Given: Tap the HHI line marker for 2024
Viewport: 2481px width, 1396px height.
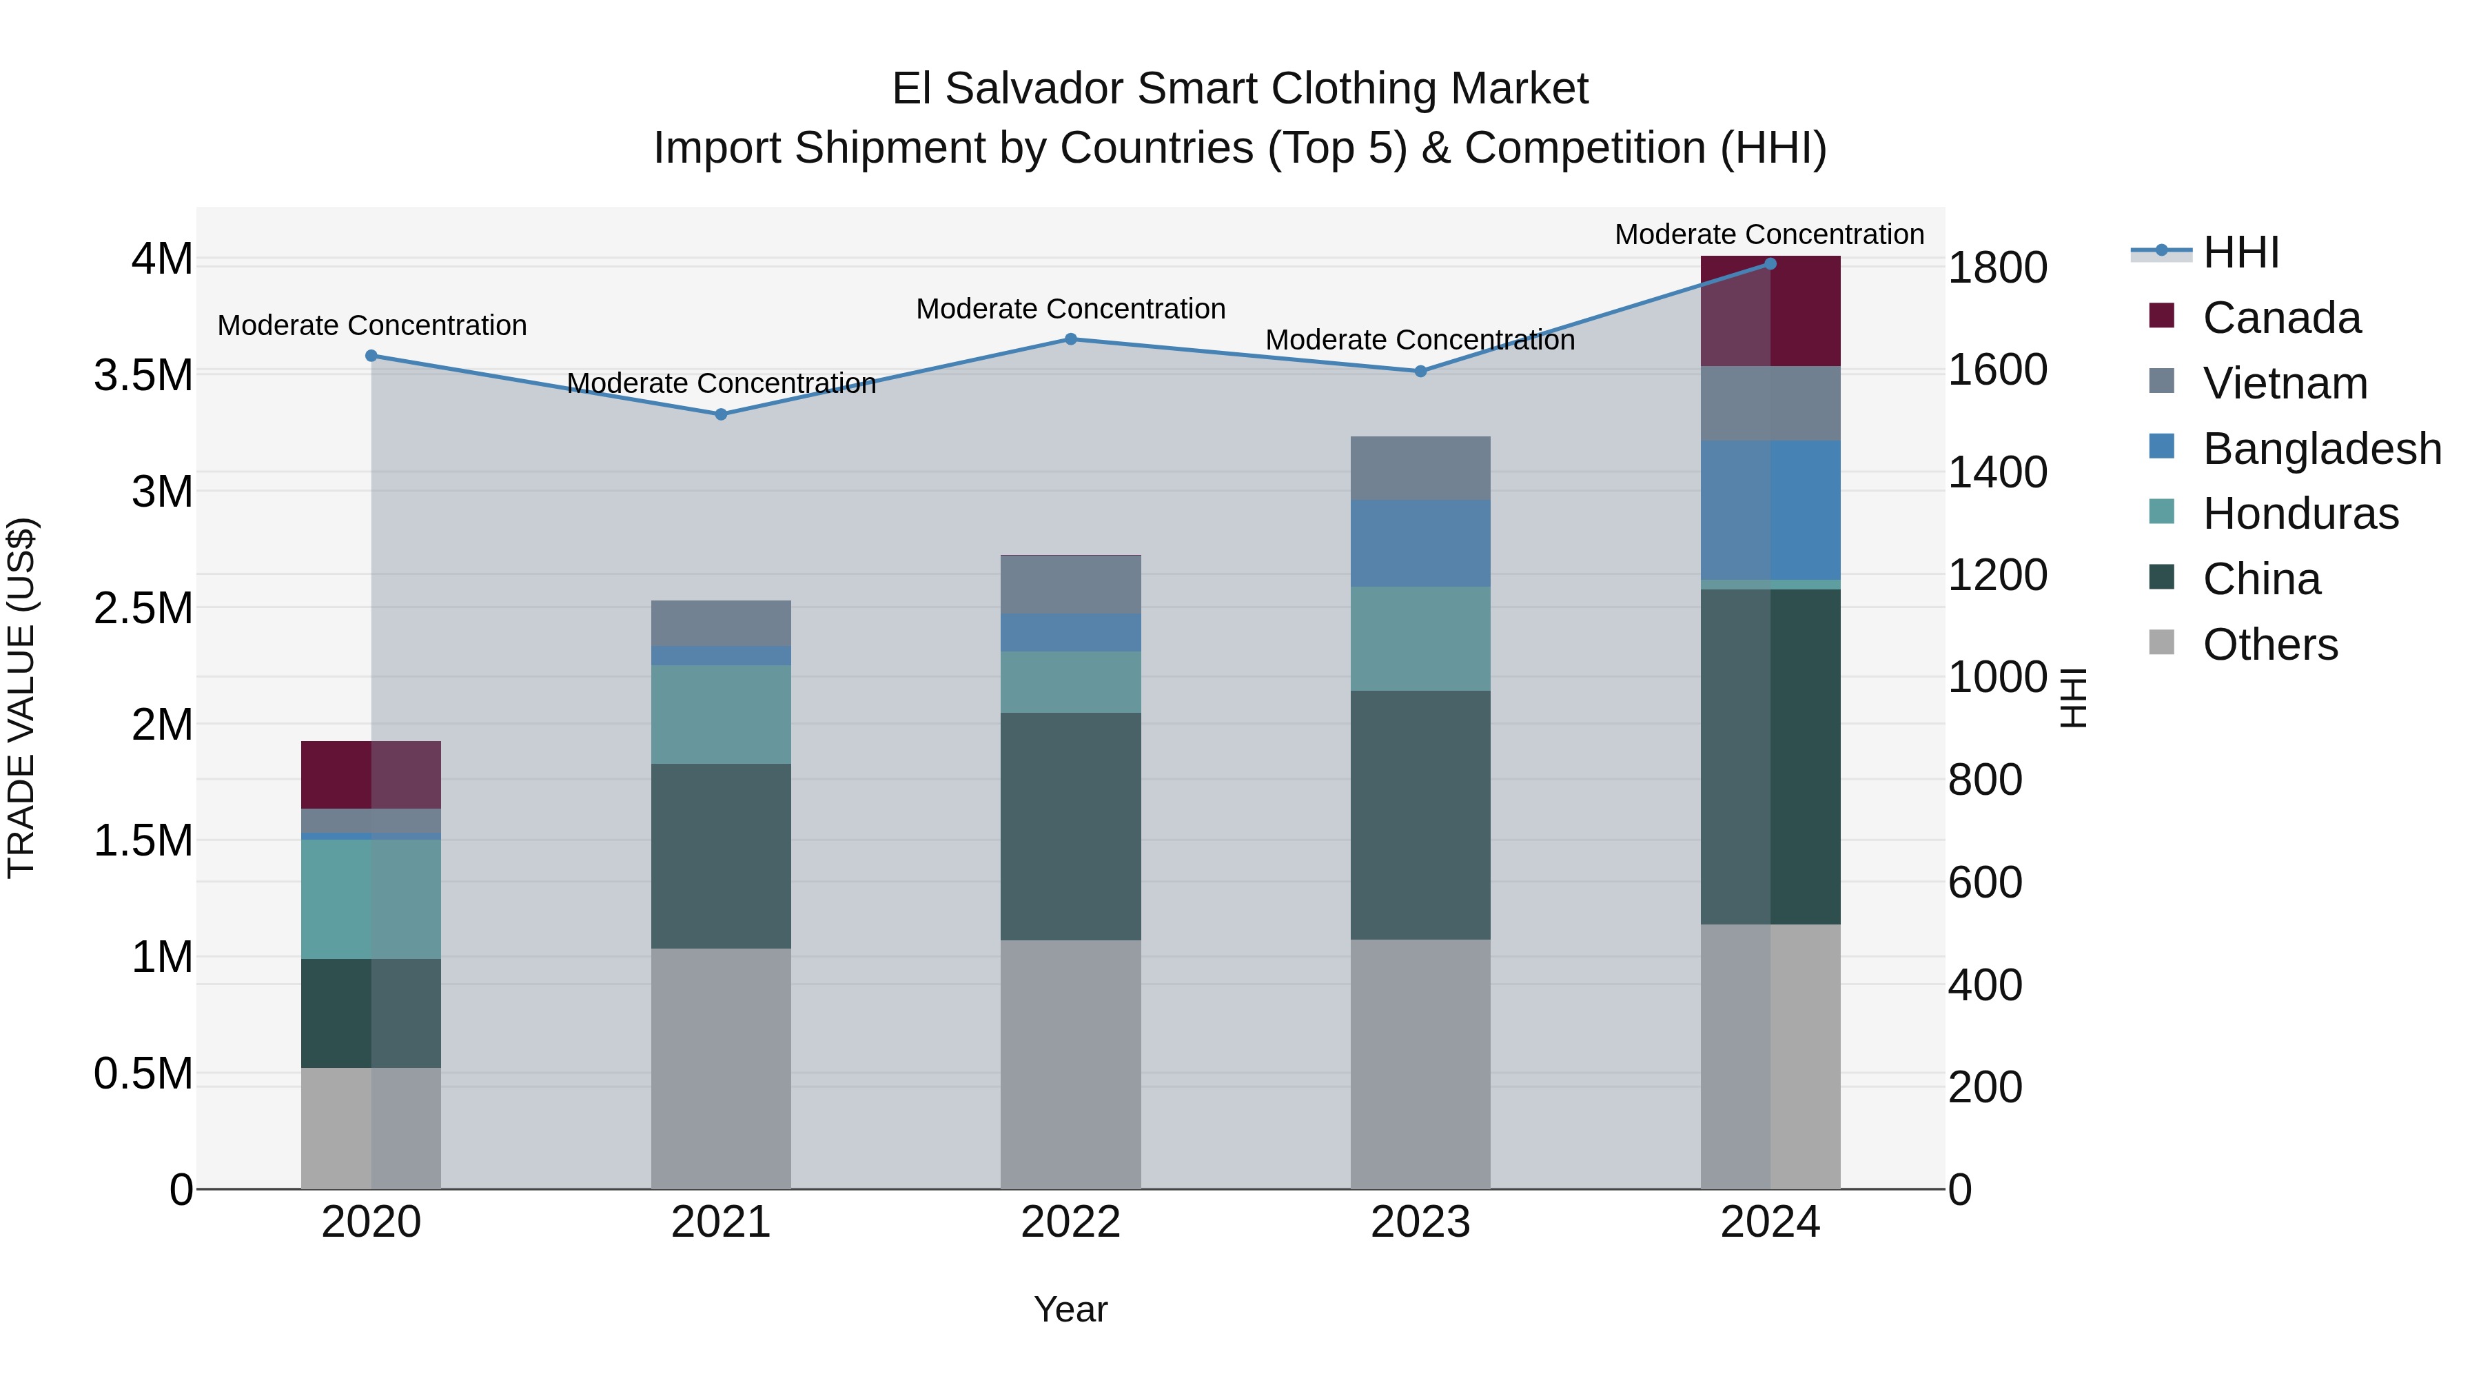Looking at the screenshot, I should (x=1770, y=264).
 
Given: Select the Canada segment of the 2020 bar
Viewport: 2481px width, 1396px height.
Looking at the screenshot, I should (x=371, y=775).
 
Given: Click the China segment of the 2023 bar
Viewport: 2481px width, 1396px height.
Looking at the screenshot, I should (x=1420, y=815).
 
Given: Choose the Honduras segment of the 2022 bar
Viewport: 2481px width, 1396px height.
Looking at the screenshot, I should (x=1070, y=682).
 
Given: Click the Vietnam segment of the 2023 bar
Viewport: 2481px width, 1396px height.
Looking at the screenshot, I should (x=1420, y=468).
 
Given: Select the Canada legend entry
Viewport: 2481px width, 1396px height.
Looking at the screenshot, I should (x=2280, y=318).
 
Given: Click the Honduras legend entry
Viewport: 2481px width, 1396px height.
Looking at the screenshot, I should (x=2300, y=514).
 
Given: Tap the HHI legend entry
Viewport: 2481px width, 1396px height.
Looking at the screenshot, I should (x=2240, y=252).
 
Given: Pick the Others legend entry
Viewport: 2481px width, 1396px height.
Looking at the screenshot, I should (x=2269, y=645).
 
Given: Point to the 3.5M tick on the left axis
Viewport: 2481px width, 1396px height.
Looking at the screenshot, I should (x=143, y=376).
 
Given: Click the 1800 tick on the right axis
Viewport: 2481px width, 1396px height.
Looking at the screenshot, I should (x=1997, y=268).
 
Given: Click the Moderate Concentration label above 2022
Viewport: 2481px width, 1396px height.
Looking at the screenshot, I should (x=1070, y=310).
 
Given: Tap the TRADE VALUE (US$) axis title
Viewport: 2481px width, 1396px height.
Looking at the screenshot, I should (x=21, y=698).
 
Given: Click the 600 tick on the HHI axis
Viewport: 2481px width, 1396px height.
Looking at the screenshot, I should (x=1984, y=882).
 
